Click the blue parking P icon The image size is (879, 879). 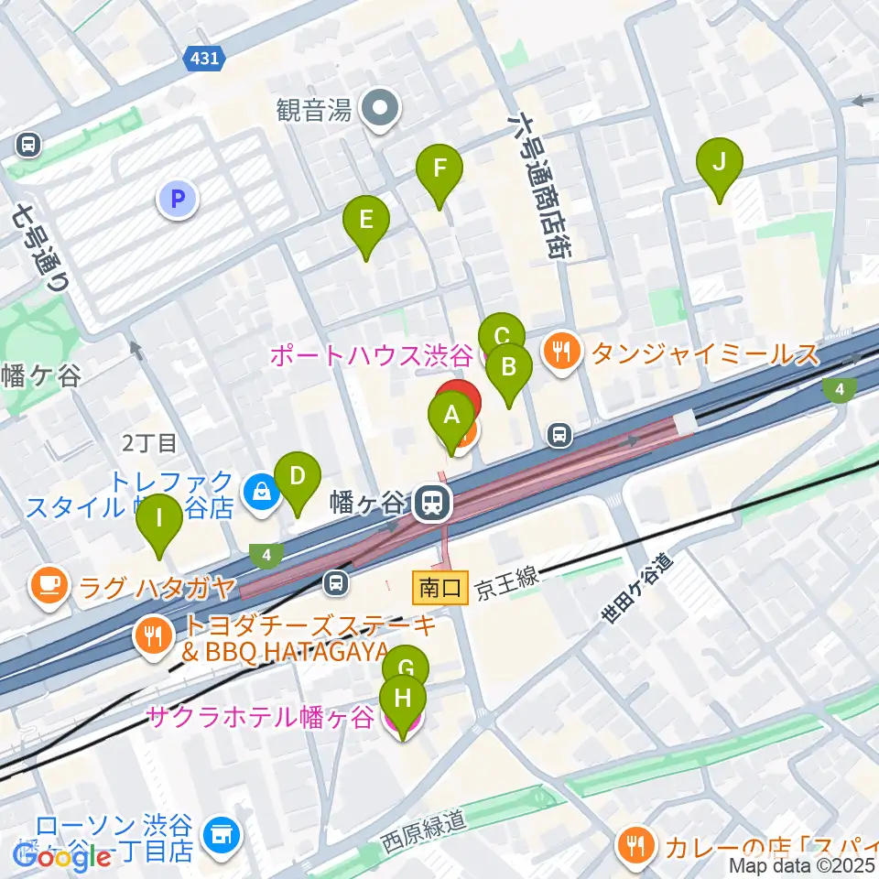point(178,198)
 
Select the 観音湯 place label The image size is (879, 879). point(315,112)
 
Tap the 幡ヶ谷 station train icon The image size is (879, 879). point(429,503)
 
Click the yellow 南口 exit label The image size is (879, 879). point(440,588)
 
